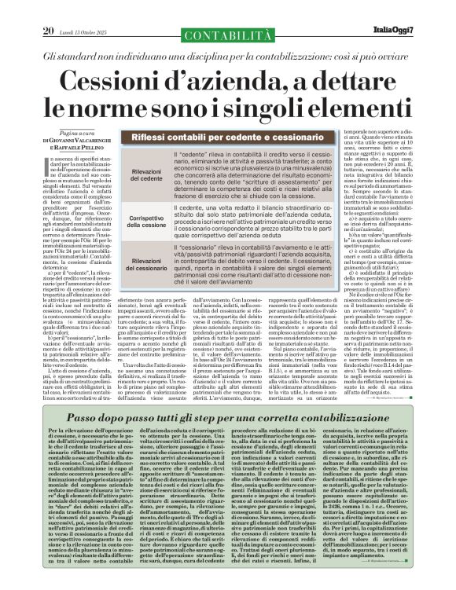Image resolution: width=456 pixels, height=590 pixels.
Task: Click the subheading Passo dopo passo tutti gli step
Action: point(228,420)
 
